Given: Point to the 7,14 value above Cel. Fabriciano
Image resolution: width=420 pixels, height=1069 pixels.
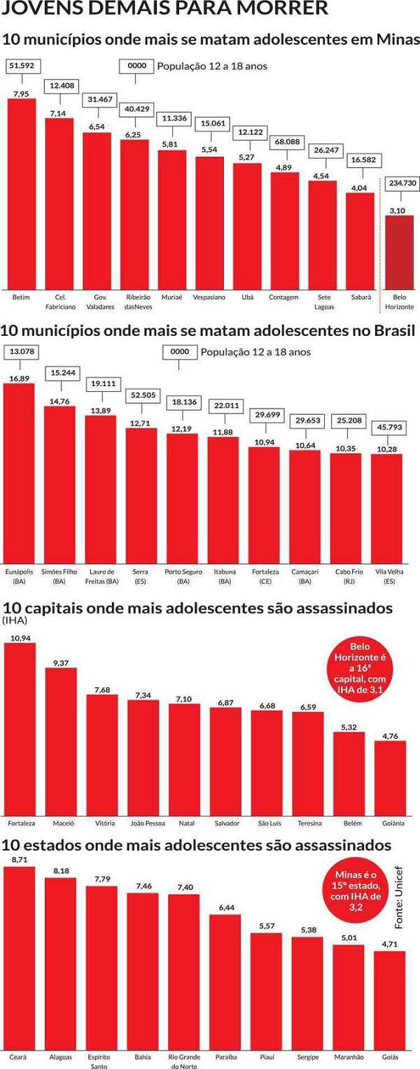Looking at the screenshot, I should [58, 113].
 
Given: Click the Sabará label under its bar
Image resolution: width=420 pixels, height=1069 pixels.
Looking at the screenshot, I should [361, 297].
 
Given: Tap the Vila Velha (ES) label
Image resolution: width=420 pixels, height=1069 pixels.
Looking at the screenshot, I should [386, 576].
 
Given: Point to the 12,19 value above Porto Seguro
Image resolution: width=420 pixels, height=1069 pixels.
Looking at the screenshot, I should [181, 428].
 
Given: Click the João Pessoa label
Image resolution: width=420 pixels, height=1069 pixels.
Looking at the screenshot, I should [143, 823].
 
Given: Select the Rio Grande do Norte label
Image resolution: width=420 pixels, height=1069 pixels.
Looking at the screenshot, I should [184, 1061].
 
